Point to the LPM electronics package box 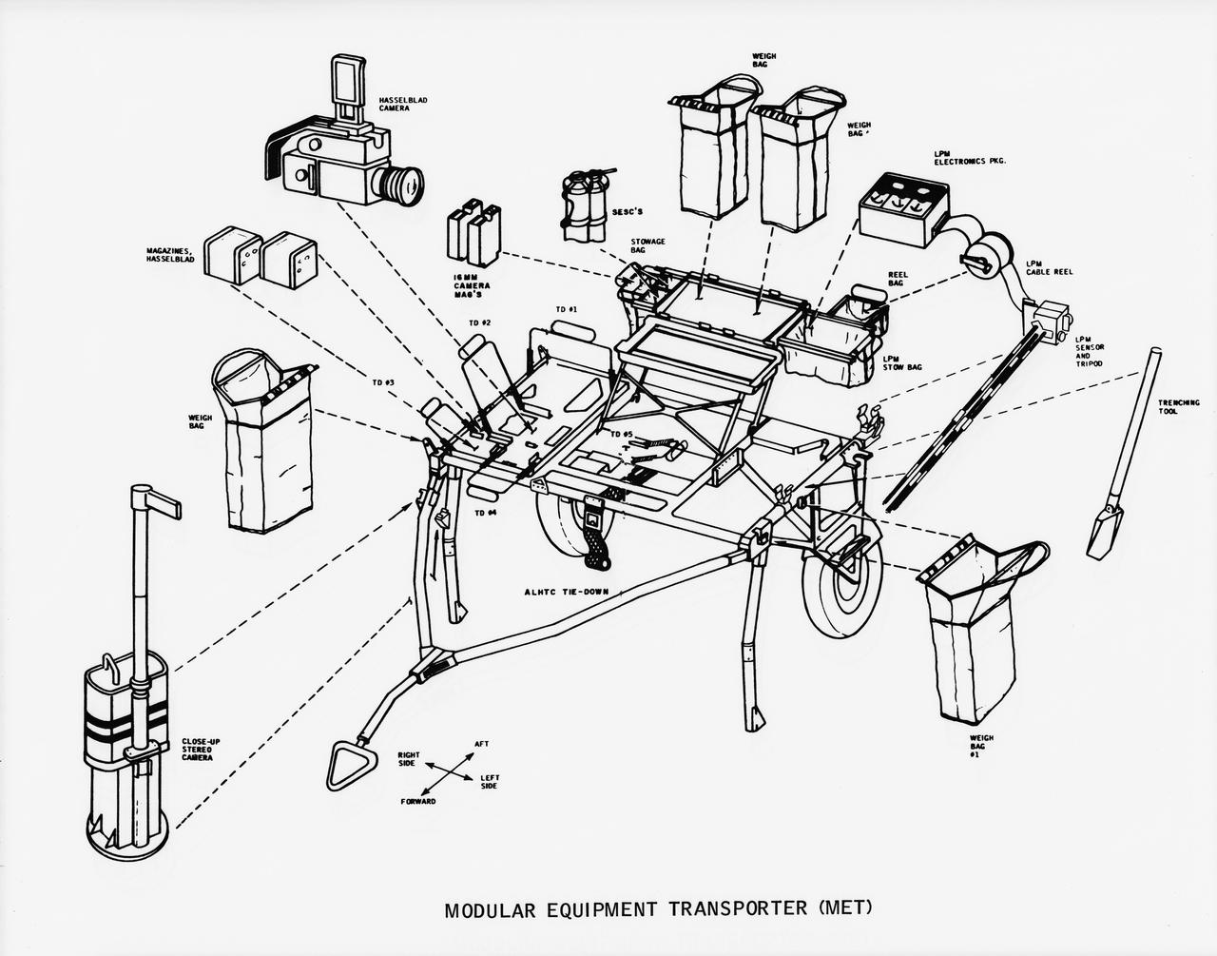tap(903, 204)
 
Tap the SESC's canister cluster tap(583, 205)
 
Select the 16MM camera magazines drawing tap(473, 233)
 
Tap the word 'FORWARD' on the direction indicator tap(418, 801)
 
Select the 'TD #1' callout tap(567, 309)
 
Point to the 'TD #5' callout tap(621, 434)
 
